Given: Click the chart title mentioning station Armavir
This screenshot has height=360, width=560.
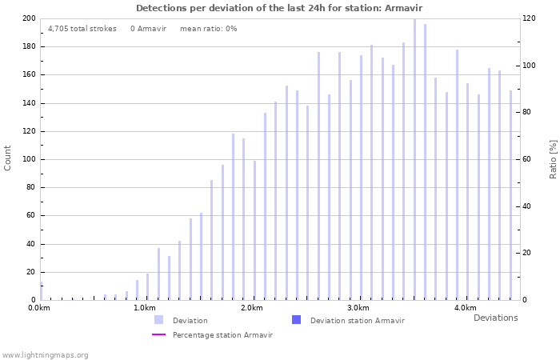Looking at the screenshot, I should click(279, 8).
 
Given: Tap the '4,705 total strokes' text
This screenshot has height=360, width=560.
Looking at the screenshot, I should click(82, 29).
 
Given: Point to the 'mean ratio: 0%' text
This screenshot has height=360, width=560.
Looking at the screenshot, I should click(208, 29).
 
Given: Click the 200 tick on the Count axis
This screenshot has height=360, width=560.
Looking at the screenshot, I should click(29, 18).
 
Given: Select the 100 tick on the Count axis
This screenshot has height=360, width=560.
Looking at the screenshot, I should click(29, 159).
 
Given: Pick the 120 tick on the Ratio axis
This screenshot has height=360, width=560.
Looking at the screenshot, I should click(530, 18).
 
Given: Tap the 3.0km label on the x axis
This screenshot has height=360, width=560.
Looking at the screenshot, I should click(358, 308).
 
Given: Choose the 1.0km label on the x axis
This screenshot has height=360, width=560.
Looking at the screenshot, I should click(144, 308).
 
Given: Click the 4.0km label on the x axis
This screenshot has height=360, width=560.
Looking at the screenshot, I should click(465, 308).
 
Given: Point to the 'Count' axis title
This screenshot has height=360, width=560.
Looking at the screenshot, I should click(8, 158).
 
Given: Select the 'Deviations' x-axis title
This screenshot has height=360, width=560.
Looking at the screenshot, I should click(495, 318).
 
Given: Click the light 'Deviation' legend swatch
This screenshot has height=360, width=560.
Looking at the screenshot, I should click(158, 320).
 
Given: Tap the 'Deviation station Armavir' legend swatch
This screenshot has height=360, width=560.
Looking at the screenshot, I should click(296, 320).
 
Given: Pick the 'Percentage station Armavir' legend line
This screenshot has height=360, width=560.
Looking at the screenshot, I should click(158, 334).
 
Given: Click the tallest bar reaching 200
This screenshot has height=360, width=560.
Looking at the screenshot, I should click(414, 160).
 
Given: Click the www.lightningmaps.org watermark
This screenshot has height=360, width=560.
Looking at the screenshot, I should click(46, 354).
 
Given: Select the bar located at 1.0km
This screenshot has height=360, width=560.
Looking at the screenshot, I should click(147, 286).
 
